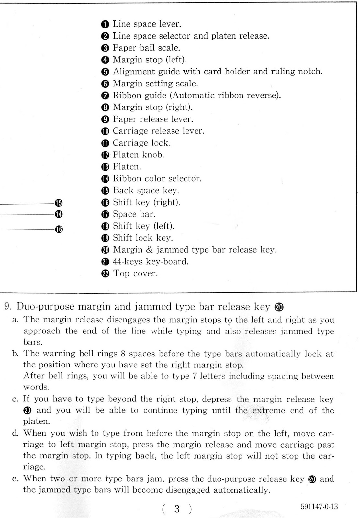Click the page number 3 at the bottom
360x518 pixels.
177,509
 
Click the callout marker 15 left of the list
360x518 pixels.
59,203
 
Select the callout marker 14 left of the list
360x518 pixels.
59,214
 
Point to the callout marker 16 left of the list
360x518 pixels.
59,229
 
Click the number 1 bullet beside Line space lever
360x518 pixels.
105,24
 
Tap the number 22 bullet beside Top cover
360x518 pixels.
106,274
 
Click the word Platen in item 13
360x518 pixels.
127,167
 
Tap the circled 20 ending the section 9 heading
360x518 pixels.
278,307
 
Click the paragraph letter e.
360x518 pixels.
15,479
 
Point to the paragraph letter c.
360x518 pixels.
15,399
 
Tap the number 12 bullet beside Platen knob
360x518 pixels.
106,155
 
